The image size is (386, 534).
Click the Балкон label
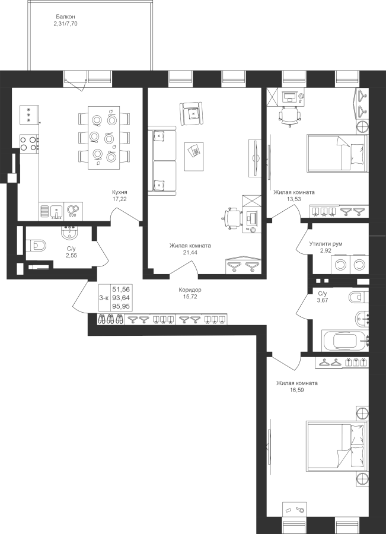[66, 17]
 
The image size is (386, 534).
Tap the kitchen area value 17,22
[120, 199]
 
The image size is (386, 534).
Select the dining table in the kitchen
[104, 137]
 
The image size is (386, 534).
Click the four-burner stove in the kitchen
[28, 143]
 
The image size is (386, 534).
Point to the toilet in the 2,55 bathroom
[36, 245]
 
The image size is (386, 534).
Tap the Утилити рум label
[326, 244]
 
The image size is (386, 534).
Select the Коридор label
[190, 290]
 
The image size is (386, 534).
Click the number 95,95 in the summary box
[121, 306]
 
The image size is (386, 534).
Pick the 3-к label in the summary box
[104, 298]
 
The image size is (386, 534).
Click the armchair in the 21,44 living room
[192, 113]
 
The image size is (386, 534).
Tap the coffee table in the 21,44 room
[194, 156]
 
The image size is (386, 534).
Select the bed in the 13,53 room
[337, 153]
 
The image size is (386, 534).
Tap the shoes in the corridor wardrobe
[111, 319]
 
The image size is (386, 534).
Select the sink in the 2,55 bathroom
[70, 233]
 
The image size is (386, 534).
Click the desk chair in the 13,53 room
[290, 115]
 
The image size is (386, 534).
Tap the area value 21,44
[190, 252]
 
